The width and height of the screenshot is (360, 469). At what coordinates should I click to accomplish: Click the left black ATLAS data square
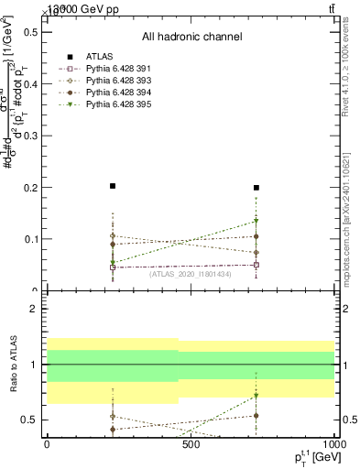coord(113,186)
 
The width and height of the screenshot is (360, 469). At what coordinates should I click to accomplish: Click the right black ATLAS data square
coord(256,188)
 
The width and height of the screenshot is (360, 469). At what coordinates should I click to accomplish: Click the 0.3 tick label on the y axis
coord(31,136)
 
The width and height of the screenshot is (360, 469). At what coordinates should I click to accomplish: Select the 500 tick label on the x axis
coord(191,444)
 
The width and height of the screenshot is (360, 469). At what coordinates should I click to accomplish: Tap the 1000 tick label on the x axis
coord(331,444)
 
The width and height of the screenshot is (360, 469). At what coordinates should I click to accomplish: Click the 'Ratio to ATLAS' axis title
coord(12,367)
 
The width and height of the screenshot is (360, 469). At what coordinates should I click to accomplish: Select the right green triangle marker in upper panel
coord(256,221)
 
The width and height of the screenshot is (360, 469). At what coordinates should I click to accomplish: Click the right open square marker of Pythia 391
coord(256,265)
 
